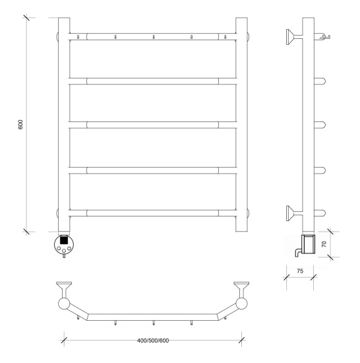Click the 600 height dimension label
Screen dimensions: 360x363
[20, 125]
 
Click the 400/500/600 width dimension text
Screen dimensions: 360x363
[153, 341]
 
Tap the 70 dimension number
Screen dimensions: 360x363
[324, 244]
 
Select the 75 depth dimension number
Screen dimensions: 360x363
[300, 271]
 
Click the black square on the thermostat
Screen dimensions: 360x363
[64, 240]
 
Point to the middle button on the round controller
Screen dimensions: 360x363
[64, 251]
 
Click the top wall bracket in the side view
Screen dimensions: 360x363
[294, 37]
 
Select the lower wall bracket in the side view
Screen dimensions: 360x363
[294, 213]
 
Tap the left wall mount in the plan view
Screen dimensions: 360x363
[64, 289]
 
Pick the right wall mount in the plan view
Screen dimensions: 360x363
[241, 289]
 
